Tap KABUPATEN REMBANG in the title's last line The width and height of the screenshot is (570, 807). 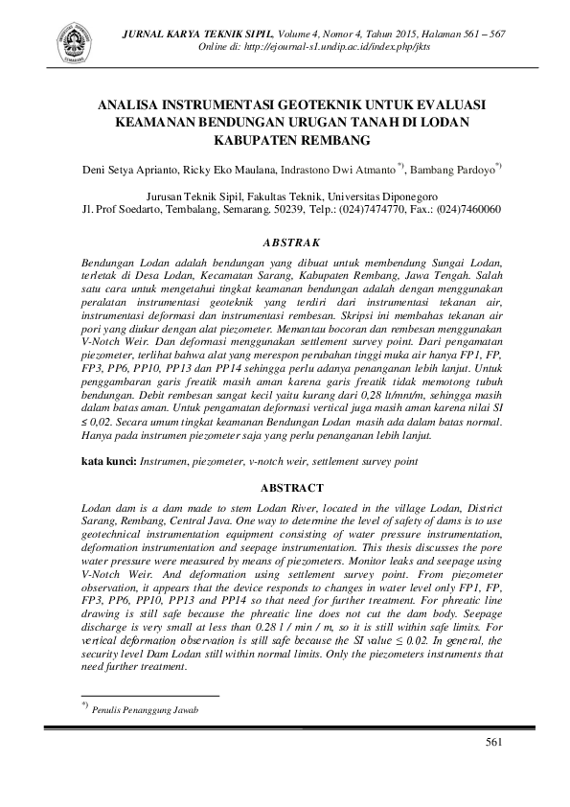[284, 140]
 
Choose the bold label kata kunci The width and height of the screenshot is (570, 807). [108, 462]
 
